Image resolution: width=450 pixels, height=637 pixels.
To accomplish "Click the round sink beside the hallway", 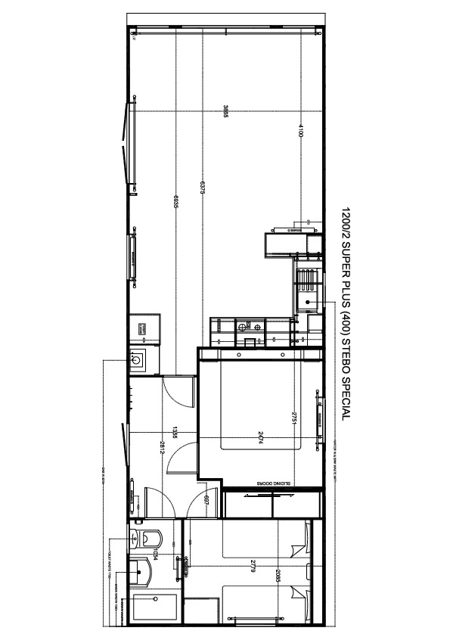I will click(138, 360).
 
